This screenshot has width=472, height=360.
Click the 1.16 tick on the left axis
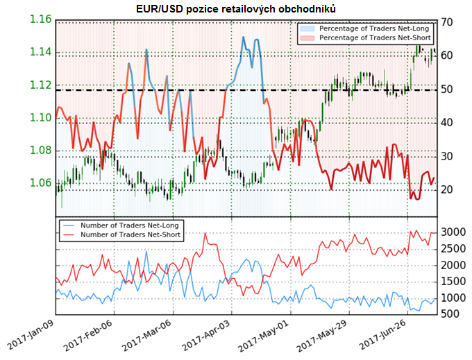coord(40,19)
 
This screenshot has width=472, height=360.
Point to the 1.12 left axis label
coord(40,85)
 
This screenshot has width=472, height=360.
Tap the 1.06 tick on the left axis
coord(40,183)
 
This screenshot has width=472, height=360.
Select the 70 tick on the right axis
coord(448,22)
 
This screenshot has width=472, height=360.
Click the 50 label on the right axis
coord(448,89)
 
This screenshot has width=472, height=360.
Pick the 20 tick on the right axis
coord(448,189)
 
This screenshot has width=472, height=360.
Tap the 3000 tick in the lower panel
coord(452,231)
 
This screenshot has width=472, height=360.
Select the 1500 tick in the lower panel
coord(452,281)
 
